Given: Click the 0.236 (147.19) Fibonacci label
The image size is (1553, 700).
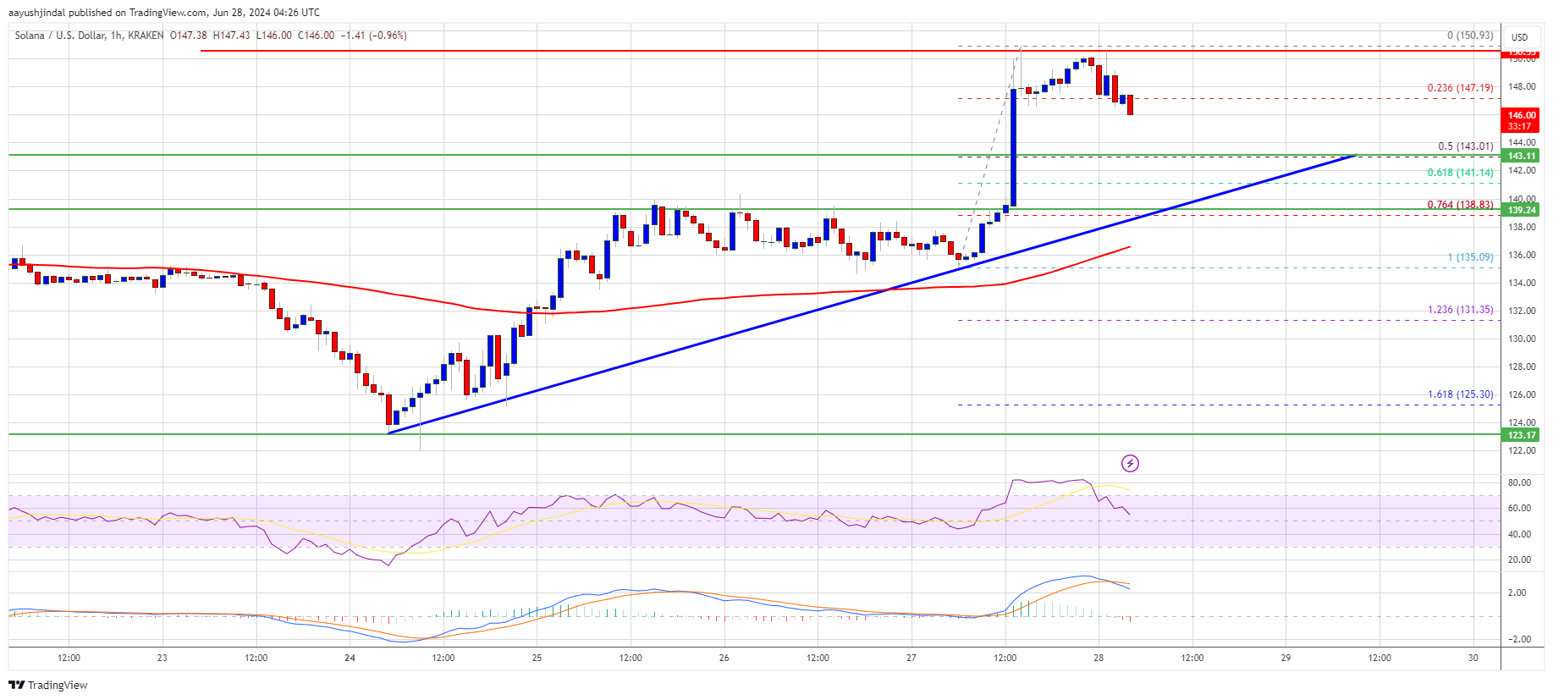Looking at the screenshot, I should click(1460, 88).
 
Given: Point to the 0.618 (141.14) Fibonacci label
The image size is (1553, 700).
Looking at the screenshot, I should click(1460, 173).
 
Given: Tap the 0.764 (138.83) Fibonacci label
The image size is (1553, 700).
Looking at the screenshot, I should click(1460, 205).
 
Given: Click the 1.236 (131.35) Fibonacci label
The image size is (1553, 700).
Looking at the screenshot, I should click(1460, 310).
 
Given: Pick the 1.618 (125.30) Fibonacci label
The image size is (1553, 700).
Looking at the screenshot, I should click(1460, 394).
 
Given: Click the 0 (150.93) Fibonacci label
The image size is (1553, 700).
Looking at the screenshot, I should click(1469, 36).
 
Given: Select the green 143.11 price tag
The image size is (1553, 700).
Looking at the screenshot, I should click(1521, 156).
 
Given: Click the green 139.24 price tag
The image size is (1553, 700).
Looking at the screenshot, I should click(1521, 210).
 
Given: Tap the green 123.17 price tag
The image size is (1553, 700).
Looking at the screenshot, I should click(1521, 435).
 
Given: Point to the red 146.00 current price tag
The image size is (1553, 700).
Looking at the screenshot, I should click(1521, 115).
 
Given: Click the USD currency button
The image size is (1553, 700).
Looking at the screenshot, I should click(1520, 37).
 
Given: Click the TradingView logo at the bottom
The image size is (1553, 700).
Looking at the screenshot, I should click(48, 685).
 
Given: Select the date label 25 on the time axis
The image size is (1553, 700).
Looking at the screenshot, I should click(537, 658).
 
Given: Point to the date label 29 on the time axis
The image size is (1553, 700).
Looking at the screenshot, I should click(1286, 658).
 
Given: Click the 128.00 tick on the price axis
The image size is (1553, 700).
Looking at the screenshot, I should click(1523, 367).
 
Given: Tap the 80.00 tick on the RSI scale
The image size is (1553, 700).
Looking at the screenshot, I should click(1519, 482).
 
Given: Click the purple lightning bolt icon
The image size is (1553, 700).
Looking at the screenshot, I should click(1130, 463).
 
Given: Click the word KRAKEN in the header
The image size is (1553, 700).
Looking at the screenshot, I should click(146, 36).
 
